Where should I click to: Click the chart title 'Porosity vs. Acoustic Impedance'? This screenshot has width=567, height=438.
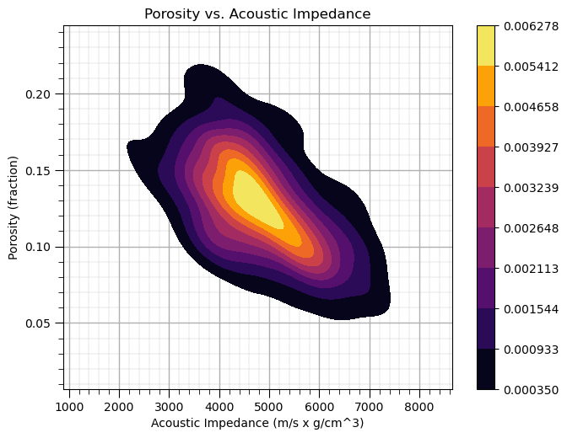tap(257, 13)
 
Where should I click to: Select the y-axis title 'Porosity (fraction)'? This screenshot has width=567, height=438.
tap(13, 207)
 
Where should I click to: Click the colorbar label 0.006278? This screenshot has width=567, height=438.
tap(529, 26)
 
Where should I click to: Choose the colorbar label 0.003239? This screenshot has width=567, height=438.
tap(529, 187)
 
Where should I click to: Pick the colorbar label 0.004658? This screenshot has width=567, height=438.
tap(529, 107)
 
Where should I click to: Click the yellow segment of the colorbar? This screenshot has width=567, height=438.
tap(486, 45)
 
